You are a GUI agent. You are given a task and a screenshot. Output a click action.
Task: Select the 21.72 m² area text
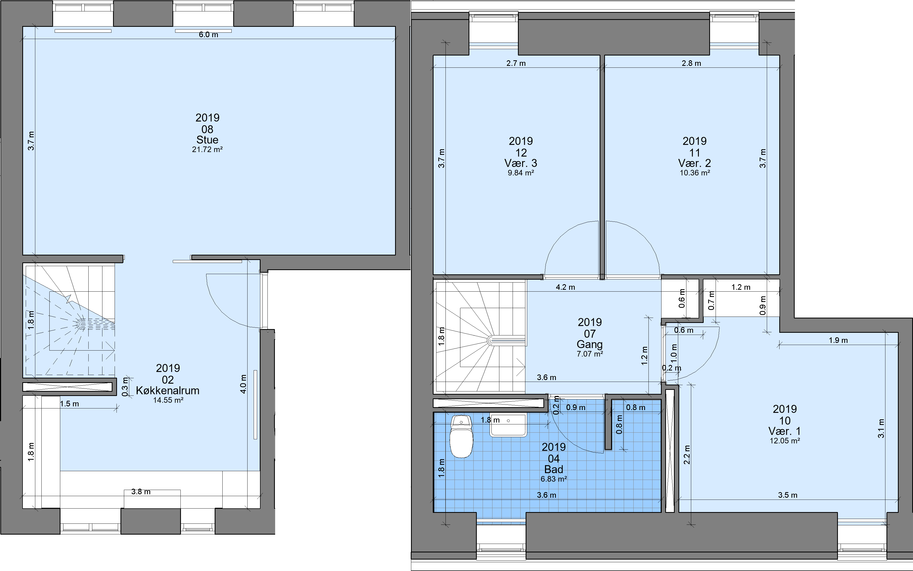point(207,150)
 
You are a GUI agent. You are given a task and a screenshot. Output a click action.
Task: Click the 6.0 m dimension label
point(209,35)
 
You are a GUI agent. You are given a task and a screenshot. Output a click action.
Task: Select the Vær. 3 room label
point(521,163)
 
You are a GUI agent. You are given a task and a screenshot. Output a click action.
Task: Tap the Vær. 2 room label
point(695,163)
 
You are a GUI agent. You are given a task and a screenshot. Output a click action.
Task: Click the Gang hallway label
point(590,344)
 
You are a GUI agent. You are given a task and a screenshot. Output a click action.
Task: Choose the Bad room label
point(553,469)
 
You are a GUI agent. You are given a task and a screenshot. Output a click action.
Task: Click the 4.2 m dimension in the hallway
point(565,287)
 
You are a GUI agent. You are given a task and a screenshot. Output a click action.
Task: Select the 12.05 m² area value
point(785,441)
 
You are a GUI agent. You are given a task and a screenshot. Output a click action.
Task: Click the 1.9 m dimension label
point(838,340)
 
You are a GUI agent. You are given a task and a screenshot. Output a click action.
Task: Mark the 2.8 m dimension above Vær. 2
point(691,63)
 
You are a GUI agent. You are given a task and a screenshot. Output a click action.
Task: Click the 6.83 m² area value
point(553,479)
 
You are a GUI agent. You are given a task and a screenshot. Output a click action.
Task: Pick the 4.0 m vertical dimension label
point(243,384)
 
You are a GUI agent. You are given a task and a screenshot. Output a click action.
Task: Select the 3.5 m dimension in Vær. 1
point(788,495)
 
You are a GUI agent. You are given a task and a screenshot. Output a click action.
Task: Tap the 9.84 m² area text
point(521,173)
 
